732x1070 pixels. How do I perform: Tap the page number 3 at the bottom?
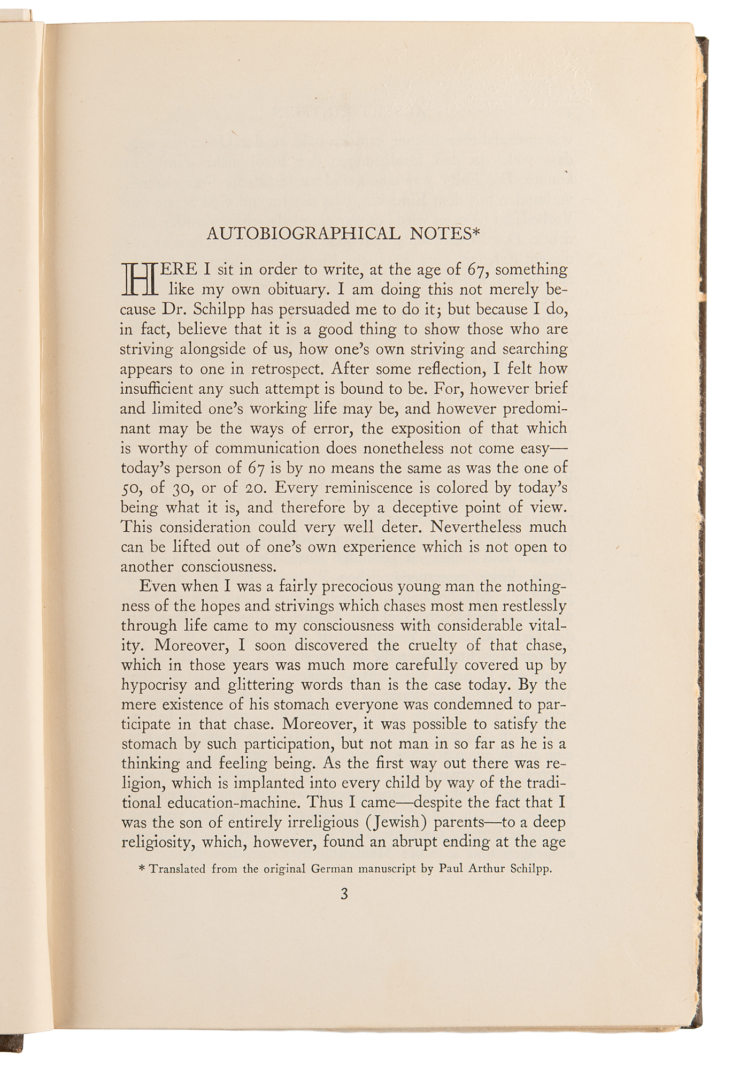click(x=344, y=894)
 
